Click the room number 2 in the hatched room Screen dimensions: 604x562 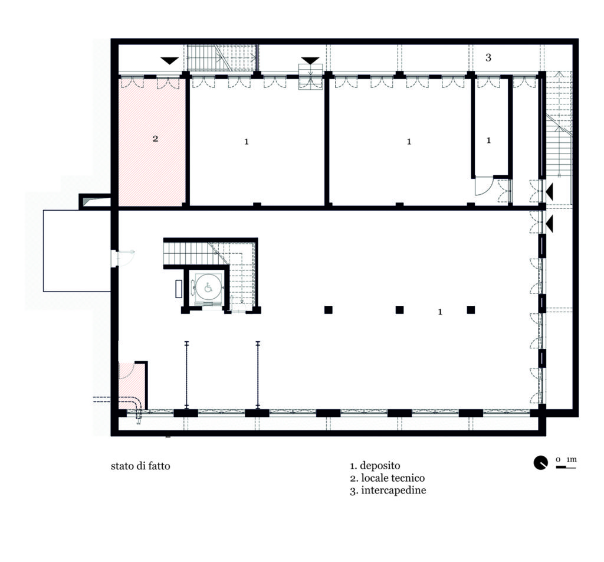pos(155,138)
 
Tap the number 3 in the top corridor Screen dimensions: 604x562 pos(488,57)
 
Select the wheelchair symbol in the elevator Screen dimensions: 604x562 pos(208,287)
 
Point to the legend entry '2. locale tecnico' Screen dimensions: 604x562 pos(387,478)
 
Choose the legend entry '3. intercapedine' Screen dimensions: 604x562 pos(388,491)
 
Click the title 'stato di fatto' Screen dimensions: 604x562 pos(140,466)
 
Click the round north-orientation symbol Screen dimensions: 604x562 pos(540,463)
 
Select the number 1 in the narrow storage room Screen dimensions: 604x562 pos(488,140)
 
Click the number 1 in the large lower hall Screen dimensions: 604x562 pos(440,312)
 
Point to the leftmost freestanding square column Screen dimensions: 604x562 pos(328,309)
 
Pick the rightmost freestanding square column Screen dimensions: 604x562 pos(471,309)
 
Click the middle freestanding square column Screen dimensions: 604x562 pos(399,309)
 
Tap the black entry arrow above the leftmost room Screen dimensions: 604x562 pos(169,61)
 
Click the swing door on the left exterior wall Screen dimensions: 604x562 pos(123,259)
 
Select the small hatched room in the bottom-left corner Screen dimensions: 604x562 pos(132,385)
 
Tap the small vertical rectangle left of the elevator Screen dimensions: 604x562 pos(179,289)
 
